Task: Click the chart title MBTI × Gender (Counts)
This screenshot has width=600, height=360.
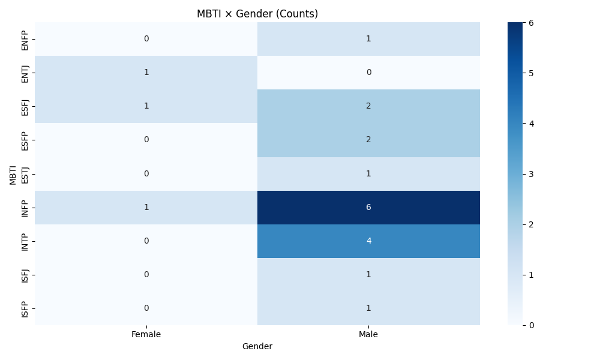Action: tap(257, 14)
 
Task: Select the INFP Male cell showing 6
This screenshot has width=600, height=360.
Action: tap(368, 208)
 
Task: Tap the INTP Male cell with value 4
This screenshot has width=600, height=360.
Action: tap(368, 241)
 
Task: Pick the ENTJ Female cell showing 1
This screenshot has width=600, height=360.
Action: tap(146, 73)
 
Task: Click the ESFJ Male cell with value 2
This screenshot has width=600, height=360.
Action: tap(368, 106)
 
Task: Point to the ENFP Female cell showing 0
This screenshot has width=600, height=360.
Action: tap(146, 39)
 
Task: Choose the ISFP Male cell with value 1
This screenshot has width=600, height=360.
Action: tap(368, 308)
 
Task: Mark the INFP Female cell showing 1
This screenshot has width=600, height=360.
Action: tap(146, 208)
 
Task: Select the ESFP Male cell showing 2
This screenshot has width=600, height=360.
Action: tap(368, 140)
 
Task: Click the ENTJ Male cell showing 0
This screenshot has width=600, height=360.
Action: tap(368, 73)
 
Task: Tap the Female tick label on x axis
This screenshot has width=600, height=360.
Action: tap(146, 335)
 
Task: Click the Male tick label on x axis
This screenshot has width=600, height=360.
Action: tap(368, 335)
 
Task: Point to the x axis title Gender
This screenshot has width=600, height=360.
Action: tap(257, 347)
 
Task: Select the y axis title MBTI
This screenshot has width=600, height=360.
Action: tap(13, 174)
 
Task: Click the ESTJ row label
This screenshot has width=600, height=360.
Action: tap(25, 174)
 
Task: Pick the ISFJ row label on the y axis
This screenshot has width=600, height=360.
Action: tap(25, 275)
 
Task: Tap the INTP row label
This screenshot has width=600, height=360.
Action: tap(25, 241)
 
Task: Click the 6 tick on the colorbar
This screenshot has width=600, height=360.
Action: tap(530, 23)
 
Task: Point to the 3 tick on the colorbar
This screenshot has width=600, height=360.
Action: tap(530, 174)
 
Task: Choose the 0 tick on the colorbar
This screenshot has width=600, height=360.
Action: tap(530, 325)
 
